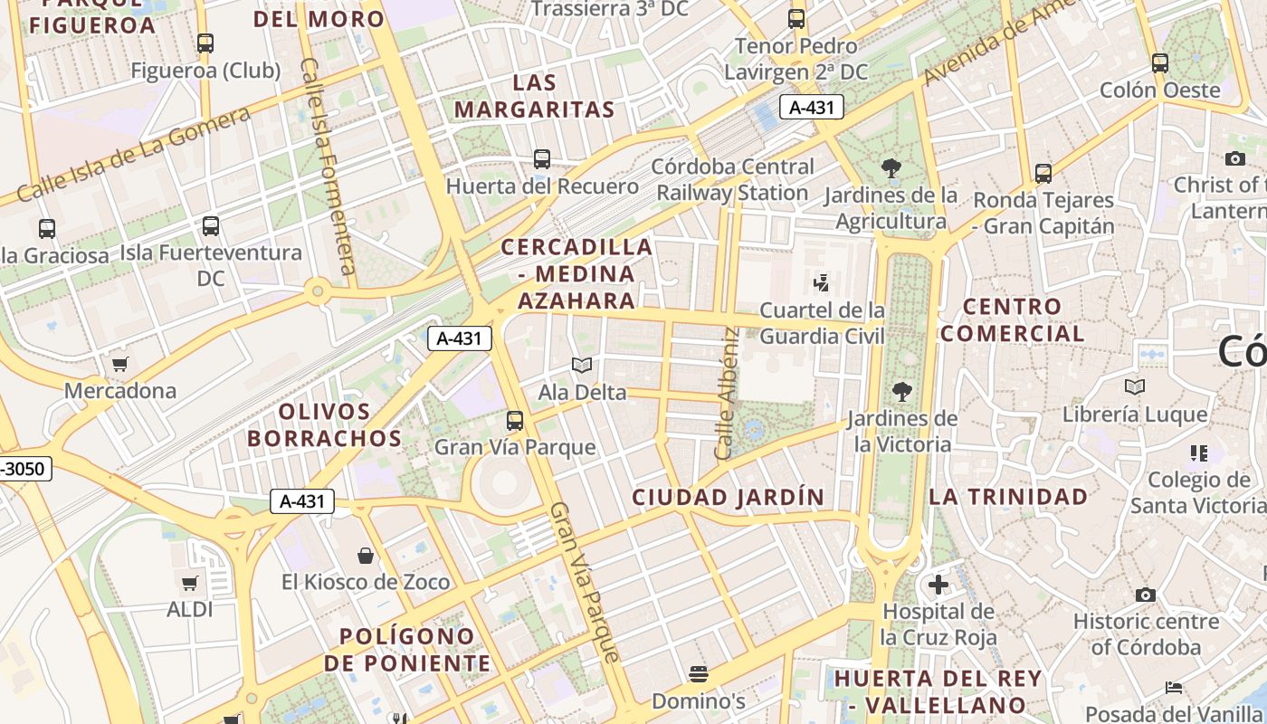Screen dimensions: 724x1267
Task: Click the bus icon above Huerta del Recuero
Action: pyautogui.click(x=542, y=159)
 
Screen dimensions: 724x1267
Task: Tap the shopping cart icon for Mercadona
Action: pyautogui.click(x=119, y=364)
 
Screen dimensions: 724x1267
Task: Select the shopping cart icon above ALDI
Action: pyautogui.click(x=189, y=583)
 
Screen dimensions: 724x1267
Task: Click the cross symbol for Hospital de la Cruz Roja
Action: pyautogui.click(x=938, y=584)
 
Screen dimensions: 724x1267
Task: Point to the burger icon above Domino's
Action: pyautogui.click(x=698, y=673)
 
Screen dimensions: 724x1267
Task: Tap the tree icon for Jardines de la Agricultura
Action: pyautogui.click(x=891, y=167)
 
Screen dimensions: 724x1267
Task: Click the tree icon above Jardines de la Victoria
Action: pyautogui.click(x=901, y=391)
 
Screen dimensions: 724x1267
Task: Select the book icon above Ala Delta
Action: pyautogui.click(x=582, y=365)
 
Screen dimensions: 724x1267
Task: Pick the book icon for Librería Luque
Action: pyautogui.click(x=1134, y=387)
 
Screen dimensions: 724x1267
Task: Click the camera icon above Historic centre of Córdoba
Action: pyautogui.click(x=1145, y=595)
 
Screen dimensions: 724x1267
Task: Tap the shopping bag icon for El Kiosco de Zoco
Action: pyautogui.click(x=366, y=555)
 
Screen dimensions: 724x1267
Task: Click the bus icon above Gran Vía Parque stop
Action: pyautogui.click(x=515, y=420)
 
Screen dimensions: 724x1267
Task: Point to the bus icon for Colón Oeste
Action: pyautogui.click(x=1160, y=63)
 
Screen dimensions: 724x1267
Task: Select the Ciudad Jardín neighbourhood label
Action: pyautogui.click(x=729, y=497)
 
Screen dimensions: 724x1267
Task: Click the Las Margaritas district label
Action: pyautogui.click(x=534, y=96)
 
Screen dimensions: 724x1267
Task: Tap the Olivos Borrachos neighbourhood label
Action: pyautogui.click(x=324, y=424)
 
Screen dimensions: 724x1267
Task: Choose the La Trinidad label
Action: pyautogui.click(x=1008, y=496)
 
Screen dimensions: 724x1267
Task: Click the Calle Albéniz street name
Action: pyautogui.click(x=728, y=393)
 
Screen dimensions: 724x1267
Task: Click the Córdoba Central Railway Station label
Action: pyautogui.click(x=733, y=179)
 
